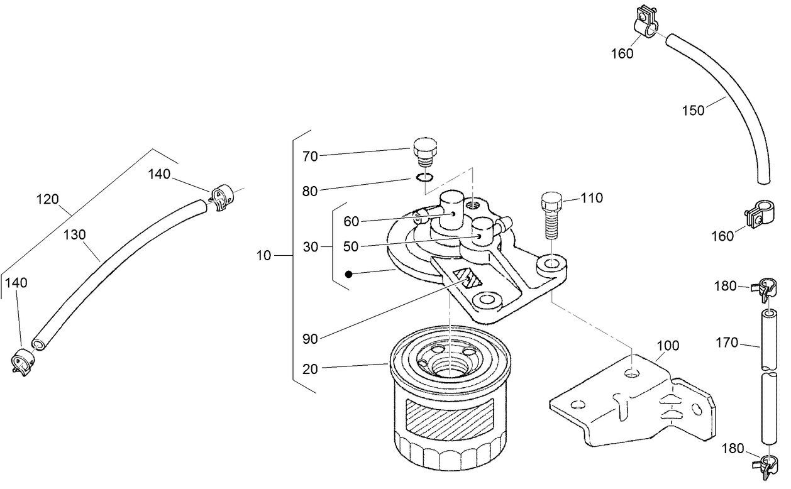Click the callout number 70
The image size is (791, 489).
tap(311, 157)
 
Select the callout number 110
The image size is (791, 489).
tap(592, 199)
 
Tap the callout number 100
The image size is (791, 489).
tap(668, 346)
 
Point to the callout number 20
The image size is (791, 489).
tap(310, 370)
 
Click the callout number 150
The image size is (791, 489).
tap(693, 111)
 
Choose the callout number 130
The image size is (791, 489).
tap(74, 235)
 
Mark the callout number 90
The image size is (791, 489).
tap(310, 339)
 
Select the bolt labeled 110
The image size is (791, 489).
tap(550, 214)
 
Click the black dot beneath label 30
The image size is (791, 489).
tap(347, 275)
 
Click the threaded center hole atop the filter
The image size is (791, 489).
tap(450, 366)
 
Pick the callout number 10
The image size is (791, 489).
tap(265, 256)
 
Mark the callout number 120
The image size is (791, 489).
tap(47, 200)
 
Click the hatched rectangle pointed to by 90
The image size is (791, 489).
tap(467, 278)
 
